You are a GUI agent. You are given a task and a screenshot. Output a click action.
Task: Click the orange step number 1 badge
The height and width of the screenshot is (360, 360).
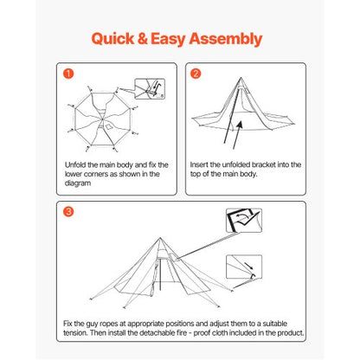point(68,73)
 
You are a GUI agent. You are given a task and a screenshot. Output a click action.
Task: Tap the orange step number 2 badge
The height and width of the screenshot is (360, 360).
point(196,73)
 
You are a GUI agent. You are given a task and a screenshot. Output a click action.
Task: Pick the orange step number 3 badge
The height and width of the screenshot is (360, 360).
point(68,212)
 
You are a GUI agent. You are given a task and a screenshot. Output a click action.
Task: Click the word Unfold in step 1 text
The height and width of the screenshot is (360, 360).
point(75,164)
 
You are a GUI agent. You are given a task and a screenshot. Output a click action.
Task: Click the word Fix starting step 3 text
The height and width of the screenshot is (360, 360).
point(68,323)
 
